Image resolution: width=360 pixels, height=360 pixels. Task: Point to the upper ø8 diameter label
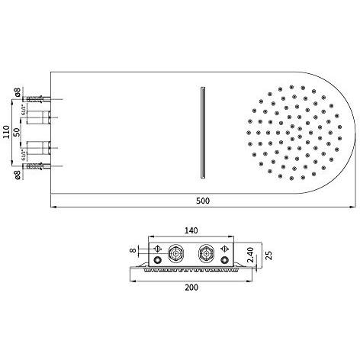click(x=18, y=93)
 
